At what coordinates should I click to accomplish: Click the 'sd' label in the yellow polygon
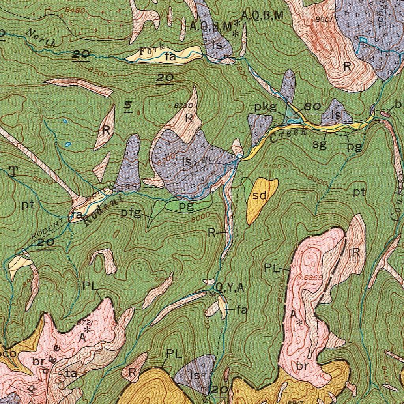[x=260, y=196]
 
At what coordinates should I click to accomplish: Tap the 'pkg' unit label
[x=265, y=107]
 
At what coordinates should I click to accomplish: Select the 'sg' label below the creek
[x=320, y=144]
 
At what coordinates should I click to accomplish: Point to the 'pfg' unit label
[x=131, y=213]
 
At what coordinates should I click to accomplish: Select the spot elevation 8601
[x=325, y=19]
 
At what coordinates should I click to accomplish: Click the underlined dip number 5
[x=128, y=105]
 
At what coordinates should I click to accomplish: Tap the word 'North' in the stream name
[x=40, y=38]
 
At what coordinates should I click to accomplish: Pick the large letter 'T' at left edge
[x=13, y=171]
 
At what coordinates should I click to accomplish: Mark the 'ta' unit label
[x=71, y=373]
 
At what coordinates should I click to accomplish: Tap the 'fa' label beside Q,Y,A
[x=242, y=310]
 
